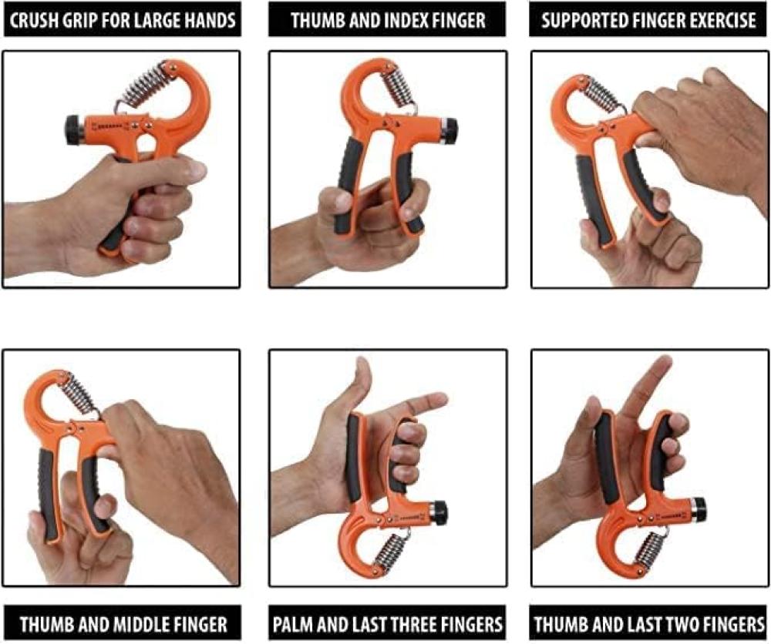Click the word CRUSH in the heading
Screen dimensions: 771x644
coord(31,21)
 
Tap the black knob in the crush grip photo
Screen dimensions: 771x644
coord(74,130)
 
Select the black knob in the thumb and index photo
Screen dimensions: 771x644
coord(449,131)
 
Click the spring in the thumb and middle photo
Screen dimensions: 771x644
coord(79,393)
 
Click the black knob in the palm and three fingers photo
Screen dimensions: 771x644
coord(439,512)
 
